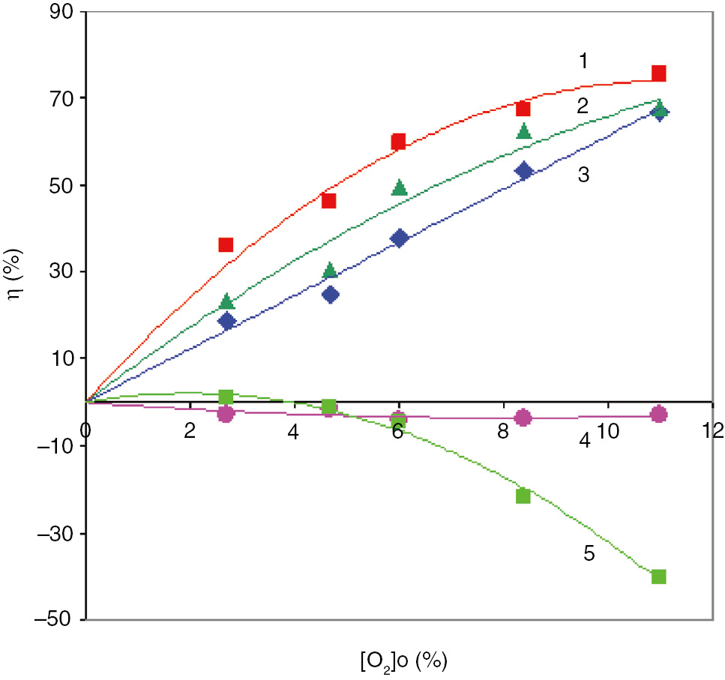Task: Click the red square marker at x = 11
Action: [x=659, y=73]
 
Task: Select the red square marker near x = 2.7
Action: [x=226, y=244]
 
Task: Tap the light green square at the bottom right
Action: [x=659, y=577]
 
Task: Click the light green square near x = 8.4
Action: [x=523, y=496]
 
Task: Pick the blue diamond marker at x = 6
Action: [x=399, y=238]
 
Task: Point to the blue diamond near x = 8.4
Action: [x=523, y=171]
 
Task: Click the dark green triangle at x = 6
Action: [x=399, y=187]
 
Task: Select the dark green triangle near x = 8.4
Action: [x=523, y=132]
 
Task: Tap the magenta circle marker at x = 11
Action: [x=659, y=414]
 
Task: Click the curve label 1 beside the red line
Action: [x=583, y=61]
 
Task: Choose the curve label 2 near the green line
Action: [x=581, y=106]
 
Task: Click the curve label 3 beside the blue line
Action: [x=584, y=175]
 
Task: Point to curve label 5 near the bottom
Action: [x=588, y=553]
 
